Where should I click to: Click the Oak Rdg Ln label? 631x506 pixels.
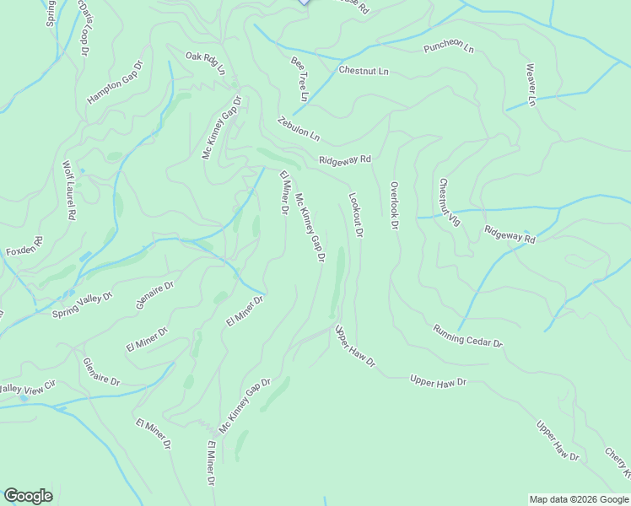[x=206, y=63]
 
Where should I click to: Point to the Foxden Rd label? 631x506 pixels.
[x=24, y=250]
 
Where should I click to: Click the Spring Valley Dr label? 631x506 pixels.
[x=77, y=302]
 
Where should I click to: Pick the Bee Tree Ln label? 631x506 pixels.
[x=301, y=74]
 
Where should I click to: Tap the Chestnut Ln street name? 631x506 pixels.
[x=364, y=71]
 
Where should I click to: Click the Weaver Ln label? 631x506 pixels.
[x=531, y=84]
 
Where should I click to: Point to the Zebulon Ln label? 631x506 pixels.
[x=299, y=128]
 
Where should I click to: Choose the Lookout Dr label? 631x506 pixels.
[x=355, y=214]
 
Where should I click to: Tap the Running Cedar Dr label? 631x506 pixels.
[x=468, y=336]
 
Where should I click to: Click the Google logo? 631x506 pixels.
[x=28, y=496]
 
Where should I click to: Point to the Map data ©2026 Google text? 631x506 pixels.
[x=579, y=499]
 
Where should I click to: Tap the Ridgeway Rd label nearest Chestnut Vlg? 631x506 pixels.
[x=510, y=234]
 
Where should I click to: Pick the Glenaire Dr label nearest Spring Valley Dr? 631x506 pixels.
[x=154, y=295]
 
